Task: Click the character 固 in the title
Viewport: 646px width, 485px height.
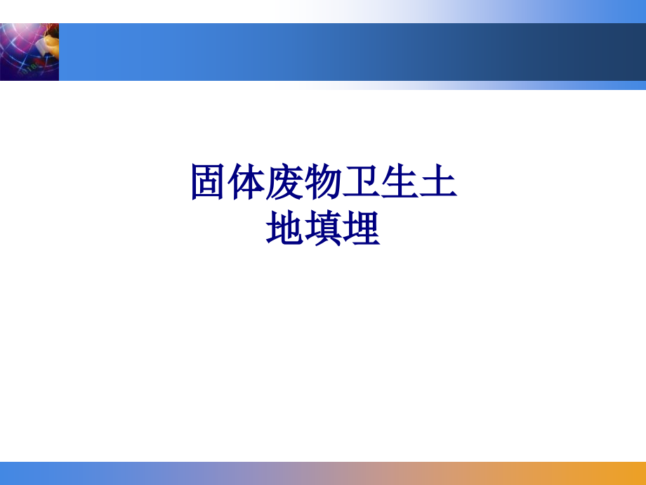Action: pyautogui.click(x=209, y=183)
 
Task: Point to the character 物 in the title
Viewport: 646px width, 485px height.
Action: pyautogui.click(x=323, y=183)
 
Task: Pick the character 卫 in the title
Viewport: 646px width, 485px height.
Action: pyautogui.click(x=361, y=183)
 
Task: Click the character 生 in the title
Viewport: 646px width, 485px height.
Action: pyautogui.click(x=399, y=183)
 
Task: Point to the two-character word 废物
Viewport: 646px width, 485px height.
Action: pyautogui.click(x=304, y=183)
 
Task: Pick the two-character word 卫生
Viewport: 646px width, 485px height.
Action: pyautogui.click(x=380, y=183)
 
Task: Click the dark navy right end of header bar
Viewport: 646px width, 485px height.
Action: pyautogui.click(x=618, y=52)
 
